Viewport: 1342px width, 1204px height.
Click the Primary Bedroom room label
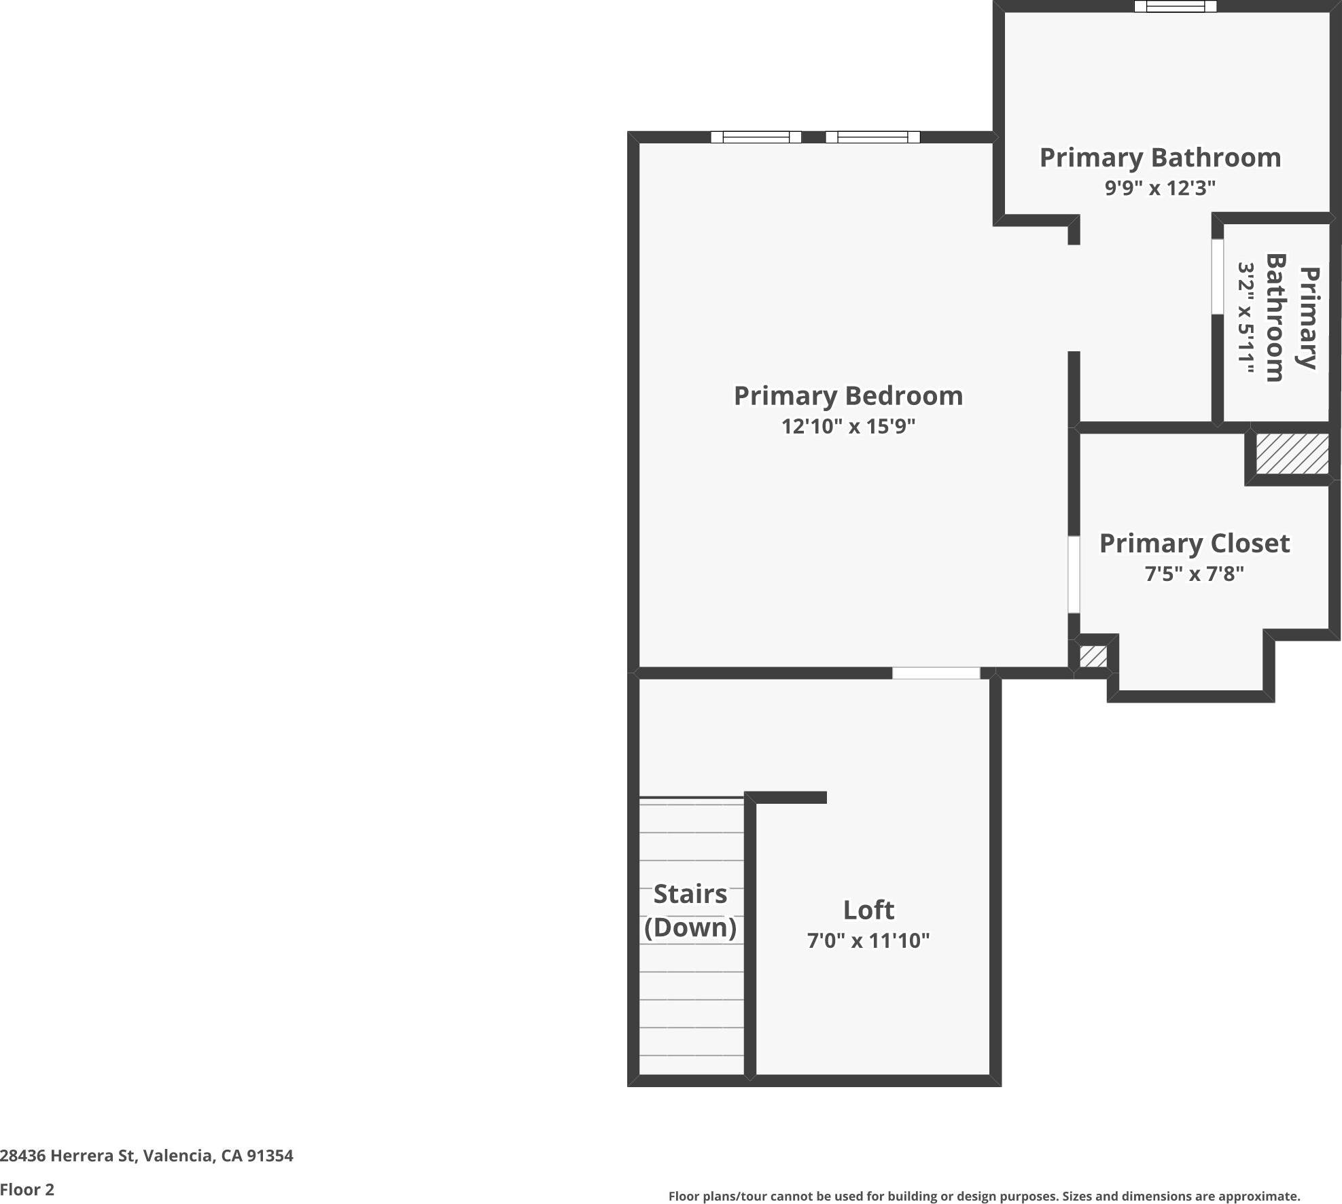tap(848, 396)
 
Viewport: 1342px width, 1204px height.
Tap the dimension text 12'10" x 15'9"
tap(848, 427)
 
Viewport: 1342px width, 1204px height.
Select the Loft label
tap(868, 910)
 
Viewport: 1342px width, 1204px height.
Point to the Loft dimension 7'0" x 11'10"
tap(868, 940)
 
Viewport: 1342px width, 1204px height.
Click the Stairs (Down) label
tap(690, 910)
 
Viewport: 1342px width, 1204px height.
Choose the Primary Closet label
tap(1195, 544)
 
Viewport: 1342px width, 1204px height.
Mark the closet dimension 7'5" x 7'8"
tap(1195, 574)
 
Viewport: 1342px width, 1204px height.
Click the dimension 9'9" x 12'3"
tap(1160, 188)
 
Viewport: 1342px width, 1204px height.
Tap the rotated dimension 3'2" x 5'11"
tap(1245, 318)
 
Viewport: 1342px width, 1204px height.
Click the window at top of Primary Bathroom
tap(1175, 6)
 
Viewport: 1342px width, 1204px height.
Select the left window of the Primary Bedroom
tap(756, 137)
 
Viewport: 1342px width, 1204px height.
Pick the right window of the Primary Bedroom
tap(872, 137)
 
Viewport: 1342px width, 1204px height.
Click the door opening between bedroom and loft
tap(936, 673)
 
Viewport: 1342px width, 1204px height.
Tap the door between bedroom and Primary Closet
tap(1074, 575)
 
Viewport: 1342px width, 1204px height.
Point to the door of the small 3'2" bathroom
tap(1218, 277)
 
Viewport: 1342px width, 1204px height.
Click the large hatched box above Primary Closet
tap(1292, 454)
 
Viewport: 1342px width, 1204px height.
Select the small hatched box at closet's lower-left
tap(1093, 656)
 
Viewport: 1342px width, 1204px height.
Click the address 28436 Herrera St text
tap(147, 1156)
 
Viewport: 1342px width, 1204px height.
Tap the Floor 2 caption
tap(27, 1190)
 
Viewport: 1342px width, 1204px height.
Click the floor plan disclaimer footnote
tap(984, 1197)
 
